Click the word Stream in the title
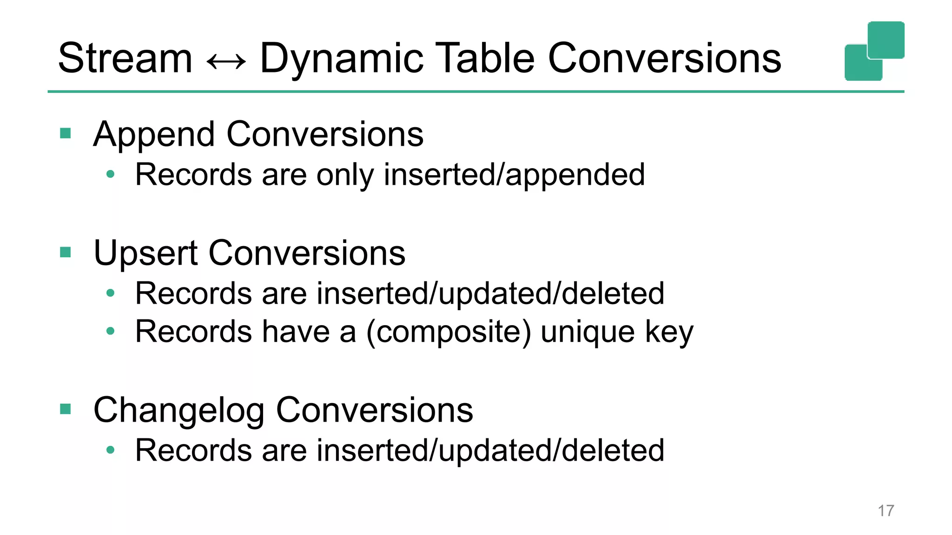pos(125,59)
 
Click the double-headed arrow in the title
pos(226,61)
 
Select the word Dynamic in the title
pos(342,59)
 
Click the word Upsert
pos(145,254)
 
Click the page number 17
pos(886,511)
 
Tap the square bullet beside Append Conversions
pos(66,134)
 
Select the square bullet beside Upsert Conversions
pos(66,253)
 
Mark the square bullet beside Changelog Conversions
pos(66,409)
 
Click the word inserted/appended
pos(514,176)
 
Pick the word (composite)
pos(449,332)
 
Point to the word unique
pos(588,333)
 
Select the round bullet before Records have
pos(110,331)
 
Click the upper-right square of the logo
pos(886,40)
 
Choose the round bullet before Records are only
pos(110,174)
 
